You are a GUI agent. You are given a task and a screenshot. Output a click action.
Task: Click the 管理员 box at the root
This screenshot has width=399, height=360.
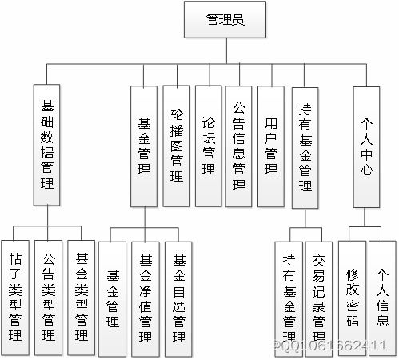(225, 19)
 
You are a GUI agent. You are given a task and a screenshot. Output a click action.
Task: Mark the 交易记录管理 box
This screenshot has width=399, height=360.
(318, 298)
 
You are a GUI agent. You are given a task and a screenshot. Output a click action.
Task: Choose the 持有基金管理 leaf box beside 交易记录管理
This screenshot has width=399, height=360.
(289, 298)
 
